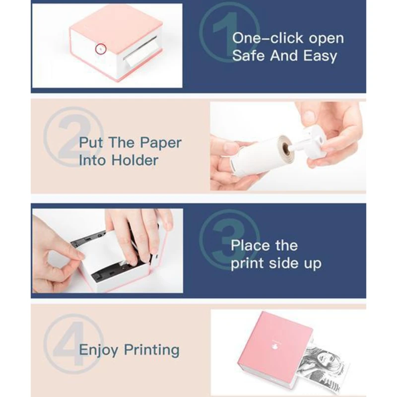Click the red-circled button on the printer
[x=101, y=49]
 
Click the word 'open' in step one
[x=327, y=39]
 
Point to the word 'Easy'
[x=320, y=56]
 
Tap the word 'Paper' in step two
[x=161, y=143]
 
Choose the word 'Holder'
[x=135, y=160]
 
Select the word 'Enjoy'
[x=99, y=350]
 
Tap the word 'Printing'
[x=152, y=350]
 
